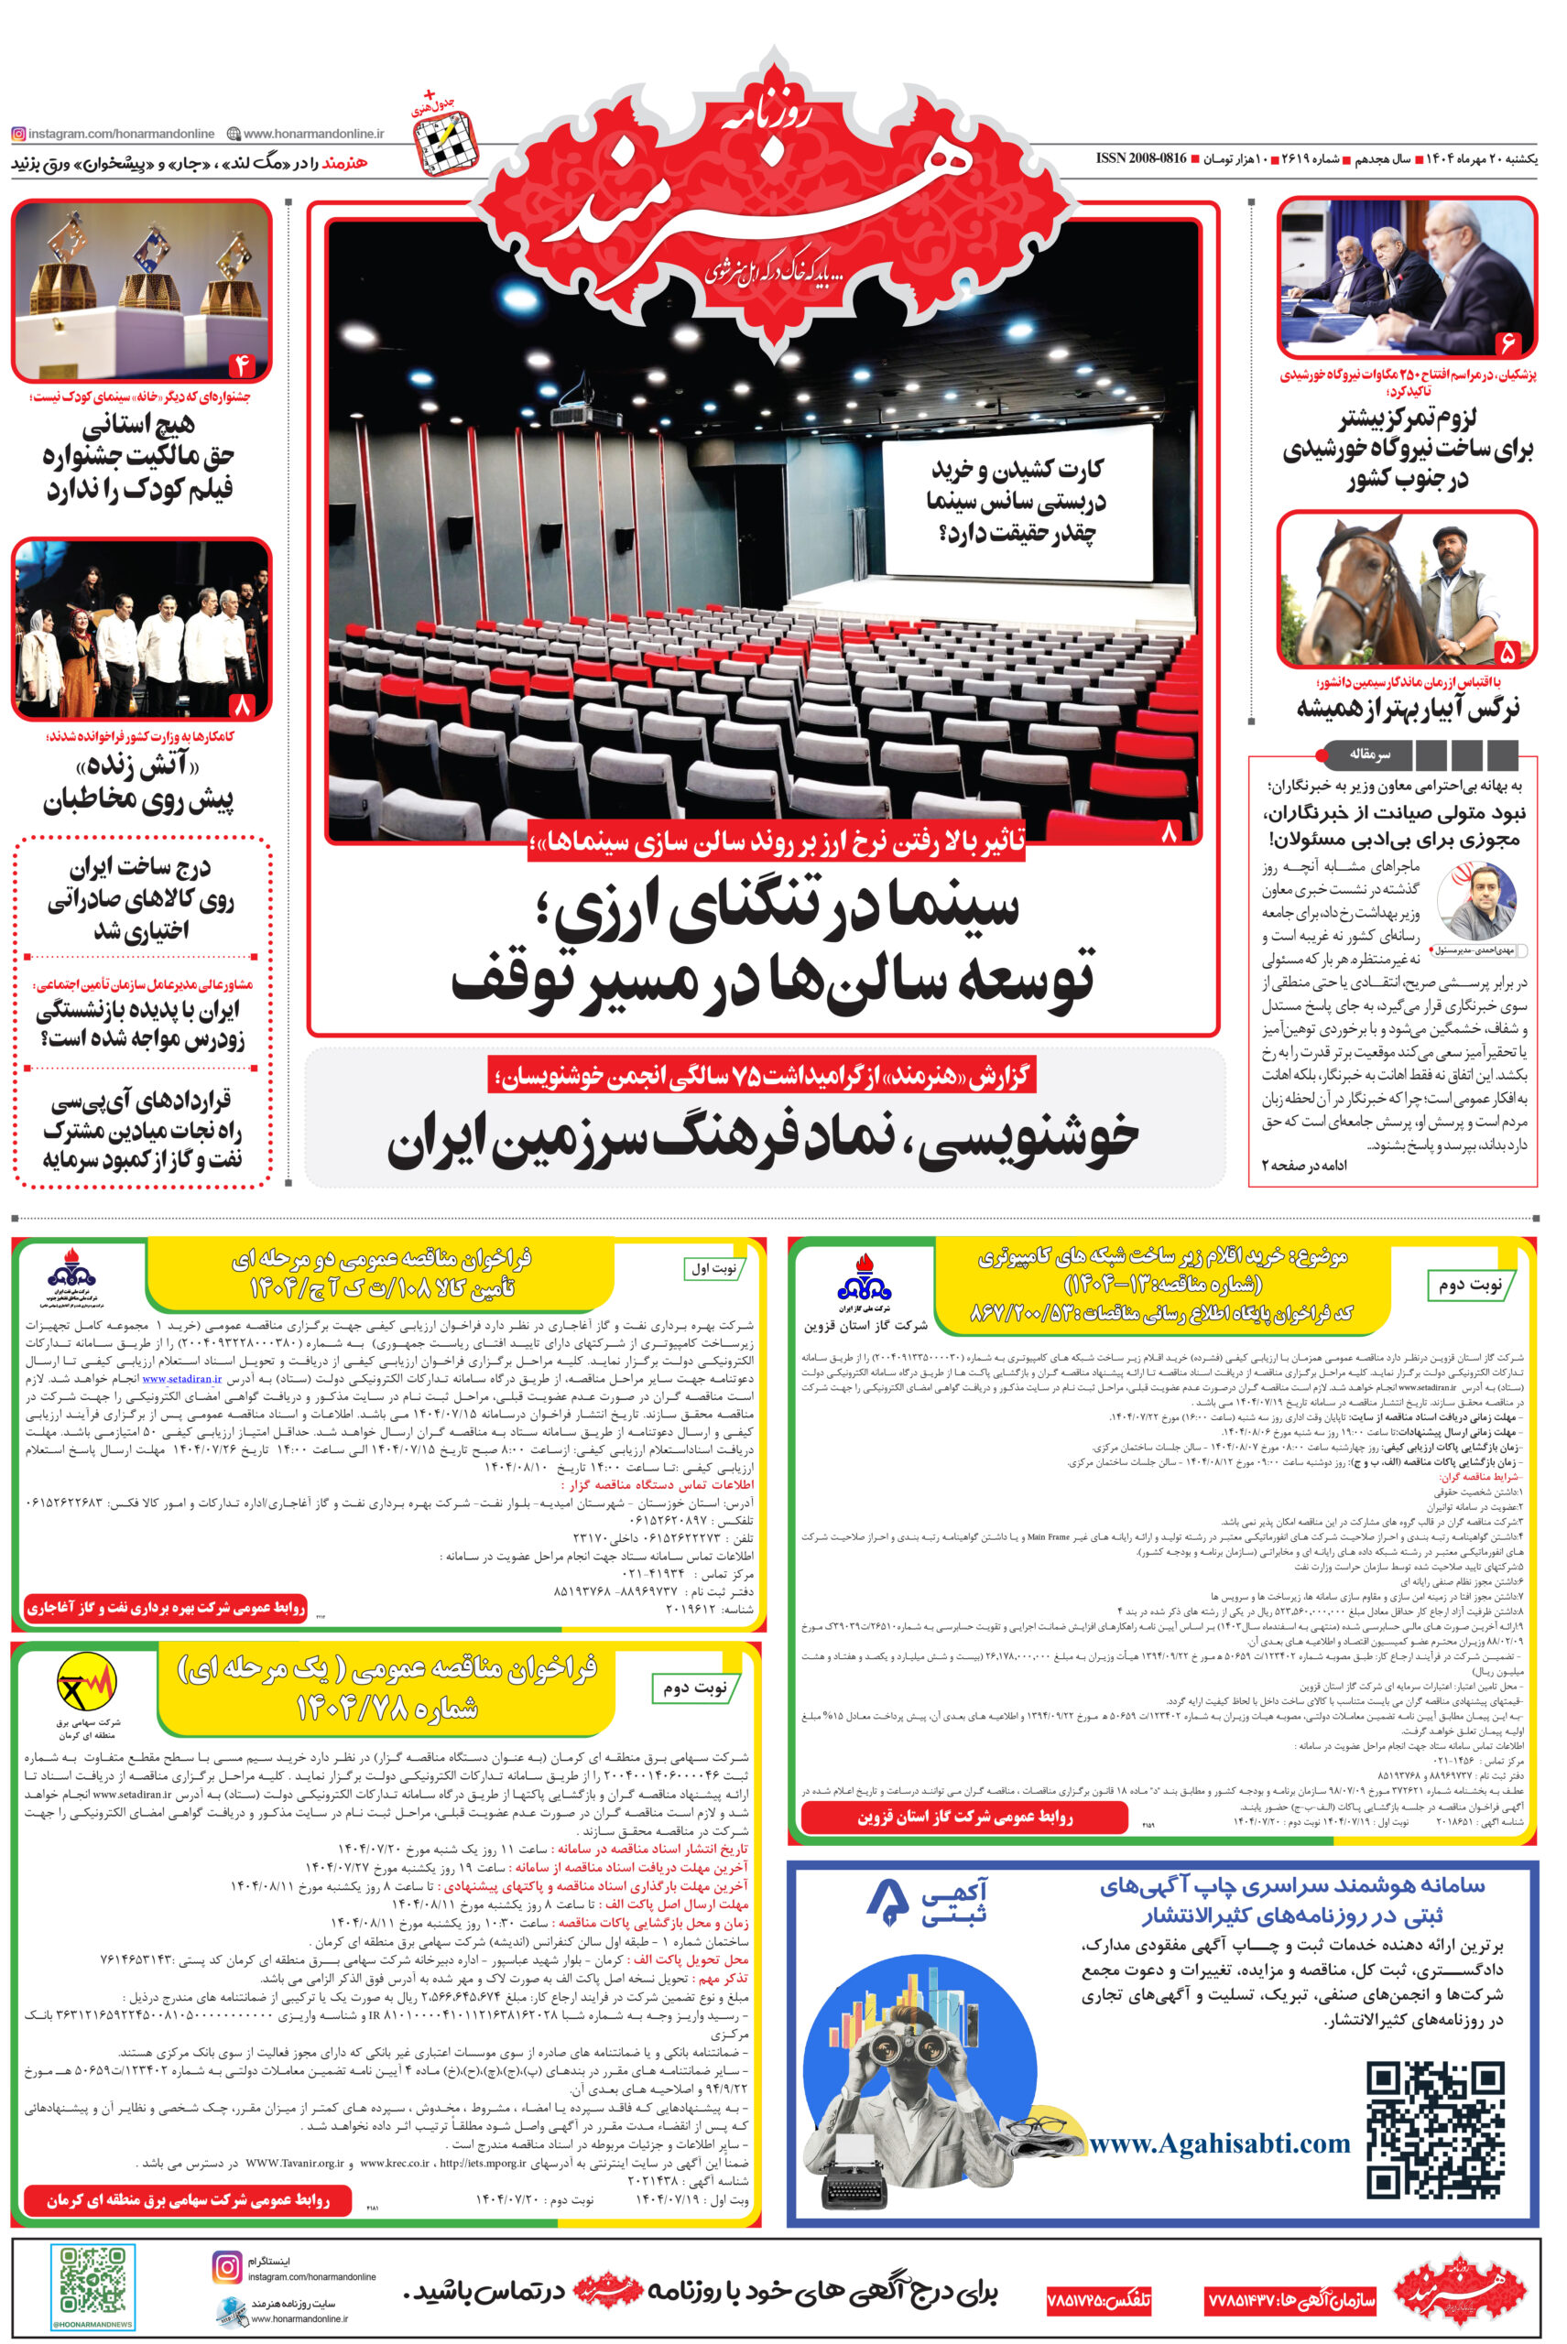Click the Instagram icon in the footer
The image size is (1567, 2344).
227,2267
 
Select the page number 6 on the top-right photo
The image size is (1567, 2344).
1506,343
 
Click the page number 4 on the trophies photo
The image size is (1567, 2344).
242,365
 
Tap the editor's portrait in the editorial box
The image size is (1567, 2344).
1476,900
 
